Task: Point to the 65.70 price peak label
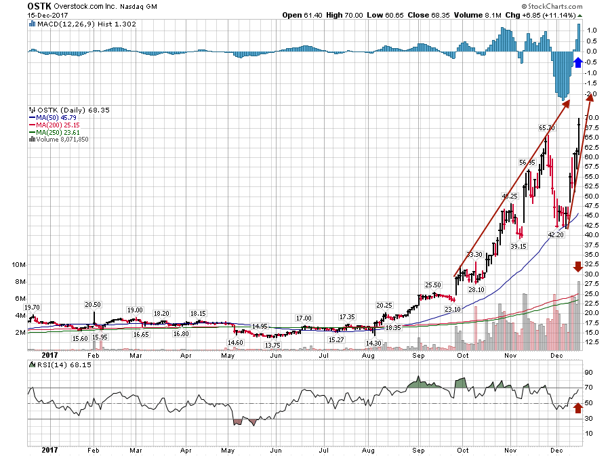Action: tap(547, 127)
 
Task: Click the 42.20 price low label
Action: tap(556, 234)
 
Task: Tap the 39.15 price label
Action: tap(518, 247)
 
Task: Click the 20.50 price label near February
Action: tap(94, 305)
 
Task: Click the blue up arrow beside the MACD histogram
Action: tap(577, 62)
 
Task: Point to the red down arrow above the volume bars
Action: tap(577, 266)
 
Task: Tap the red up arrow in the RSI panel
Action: tap(577, 407)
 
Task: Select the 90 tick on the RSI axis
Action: tap(590, 372)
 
